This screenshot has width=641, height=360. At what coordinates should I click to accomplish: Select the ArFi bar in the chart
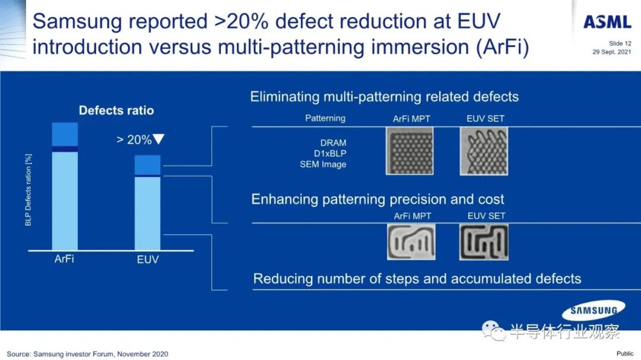pyautogui.click(x=65, y=186)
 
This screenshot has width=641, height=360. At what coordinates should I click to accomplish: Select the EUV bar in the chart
pyautogui.click(x=147, y=203)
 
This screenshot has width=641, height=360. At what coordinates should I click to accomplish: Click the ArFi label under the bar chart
pyautogui.click(x=65, y=259)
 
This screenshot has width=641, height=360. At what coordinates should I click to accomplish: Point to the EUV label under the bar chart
pyautogui.click(x=147, y=259)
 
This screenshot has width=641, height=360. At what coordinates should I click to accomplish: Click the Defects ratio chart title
pyautogui.click(x=116, y=110)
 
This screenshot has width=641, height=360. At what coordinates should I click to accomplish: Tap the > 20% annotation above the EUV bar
pyautogui.click(x=140, y=140)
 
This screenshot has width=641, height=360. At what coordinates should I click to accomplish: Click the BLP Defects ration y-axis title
pyautogui.click(x=28, y=190)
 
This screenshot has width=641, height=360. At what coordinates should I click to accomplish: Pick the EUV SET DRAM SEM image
pyautogui.click(x=485, y=151)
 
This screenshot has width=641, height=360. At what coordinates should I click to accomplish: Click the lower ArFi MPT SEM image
pyautogui.click(x=411, y=241)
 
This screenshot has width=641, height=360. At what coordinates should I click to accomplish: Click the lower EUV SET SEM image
pyautogui.click(x=484, y=241)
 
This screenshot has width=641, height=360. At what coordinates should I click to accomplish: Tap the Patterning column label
pyautogui.click(x=325, y=119)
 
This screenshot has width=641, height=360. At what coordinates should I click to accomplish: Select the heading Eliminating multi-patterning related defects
pyautogui.click(x=385, y=97)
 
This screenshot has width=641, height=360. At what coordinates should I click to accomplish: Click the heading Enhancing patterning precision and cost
pyautogui.click(x=378, y=199)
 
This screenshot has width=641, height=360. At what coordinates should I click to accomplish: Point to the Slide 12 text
pyautogui.click(x=620, y=43)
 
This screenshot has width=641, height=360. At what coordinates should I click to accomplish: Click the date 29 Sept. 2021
pyautogui.click(x=611, y=52)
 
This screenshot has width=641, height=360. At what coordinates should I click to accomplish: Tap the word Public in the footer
pyautogui.click(x=625, y=353)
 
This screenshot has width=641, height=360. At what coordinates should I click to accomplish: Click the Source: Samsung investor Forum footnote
pyautogui.click(x=88, y=354)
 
